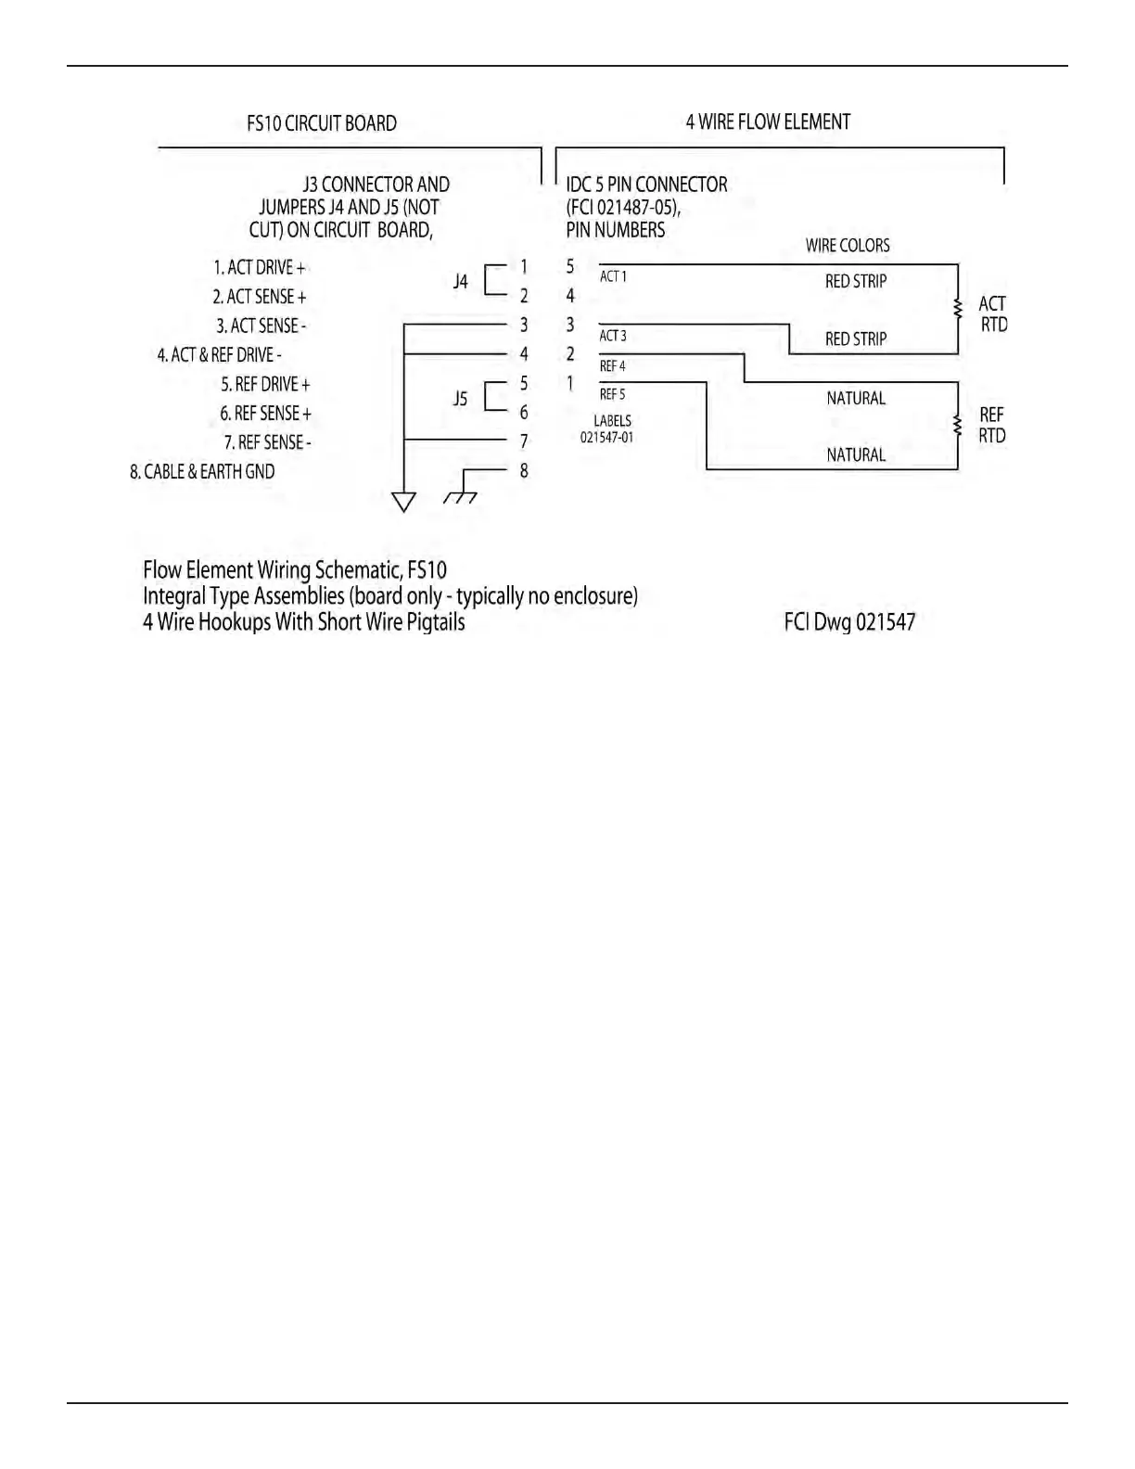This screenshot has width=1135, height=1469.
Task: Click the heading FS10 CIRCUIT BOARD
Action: coord(321,123)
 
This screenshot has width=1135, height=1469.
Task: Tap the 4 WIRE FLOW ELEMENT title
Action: coord(768,121)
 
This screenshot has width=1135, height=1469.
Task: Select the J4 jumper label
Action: coord(461,281)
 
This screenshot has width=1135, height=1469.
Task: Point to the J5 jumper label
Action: coord(461,399)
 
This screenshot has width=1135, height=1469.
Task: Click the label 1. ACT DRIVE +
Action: coord(259,267)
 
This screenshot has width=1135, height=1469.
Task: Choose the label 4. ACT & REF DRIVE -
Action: coord(219,354)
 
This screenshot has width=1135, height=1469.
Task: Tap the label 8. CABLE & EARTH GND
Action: coord(202,471)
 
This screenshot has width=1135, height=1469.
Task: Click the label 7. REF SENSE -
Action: coord(267,442)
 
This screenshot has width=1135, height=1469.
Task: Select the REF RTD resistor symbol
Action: coord(958,425)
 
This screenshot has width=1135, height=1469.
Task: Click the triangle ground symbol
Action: coord(403,502)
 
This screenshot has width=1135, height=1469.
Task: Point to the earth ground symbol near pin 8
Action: coord(461,497)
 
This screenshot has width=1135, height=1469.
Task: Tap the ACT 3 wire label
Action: coord(613,336)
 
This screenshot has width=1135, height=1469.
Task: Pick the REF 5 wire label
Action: coord(612,394)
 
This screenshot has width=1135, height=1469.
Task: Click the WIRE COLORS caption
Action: coord(847,246)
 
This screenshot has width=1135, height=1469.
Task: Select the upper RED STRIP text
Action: coord(855,281)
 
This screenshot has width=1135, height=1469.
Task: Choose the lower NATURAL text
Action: coord(855,454)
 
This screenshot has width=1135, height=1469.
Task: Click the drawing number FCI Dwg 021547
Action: coord(849,621)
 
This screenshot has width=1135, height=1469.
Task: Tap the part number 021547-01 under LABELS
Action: coord(606,437)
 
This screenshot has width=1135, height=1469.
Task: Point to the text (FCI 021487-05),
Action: coord(623,208)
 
